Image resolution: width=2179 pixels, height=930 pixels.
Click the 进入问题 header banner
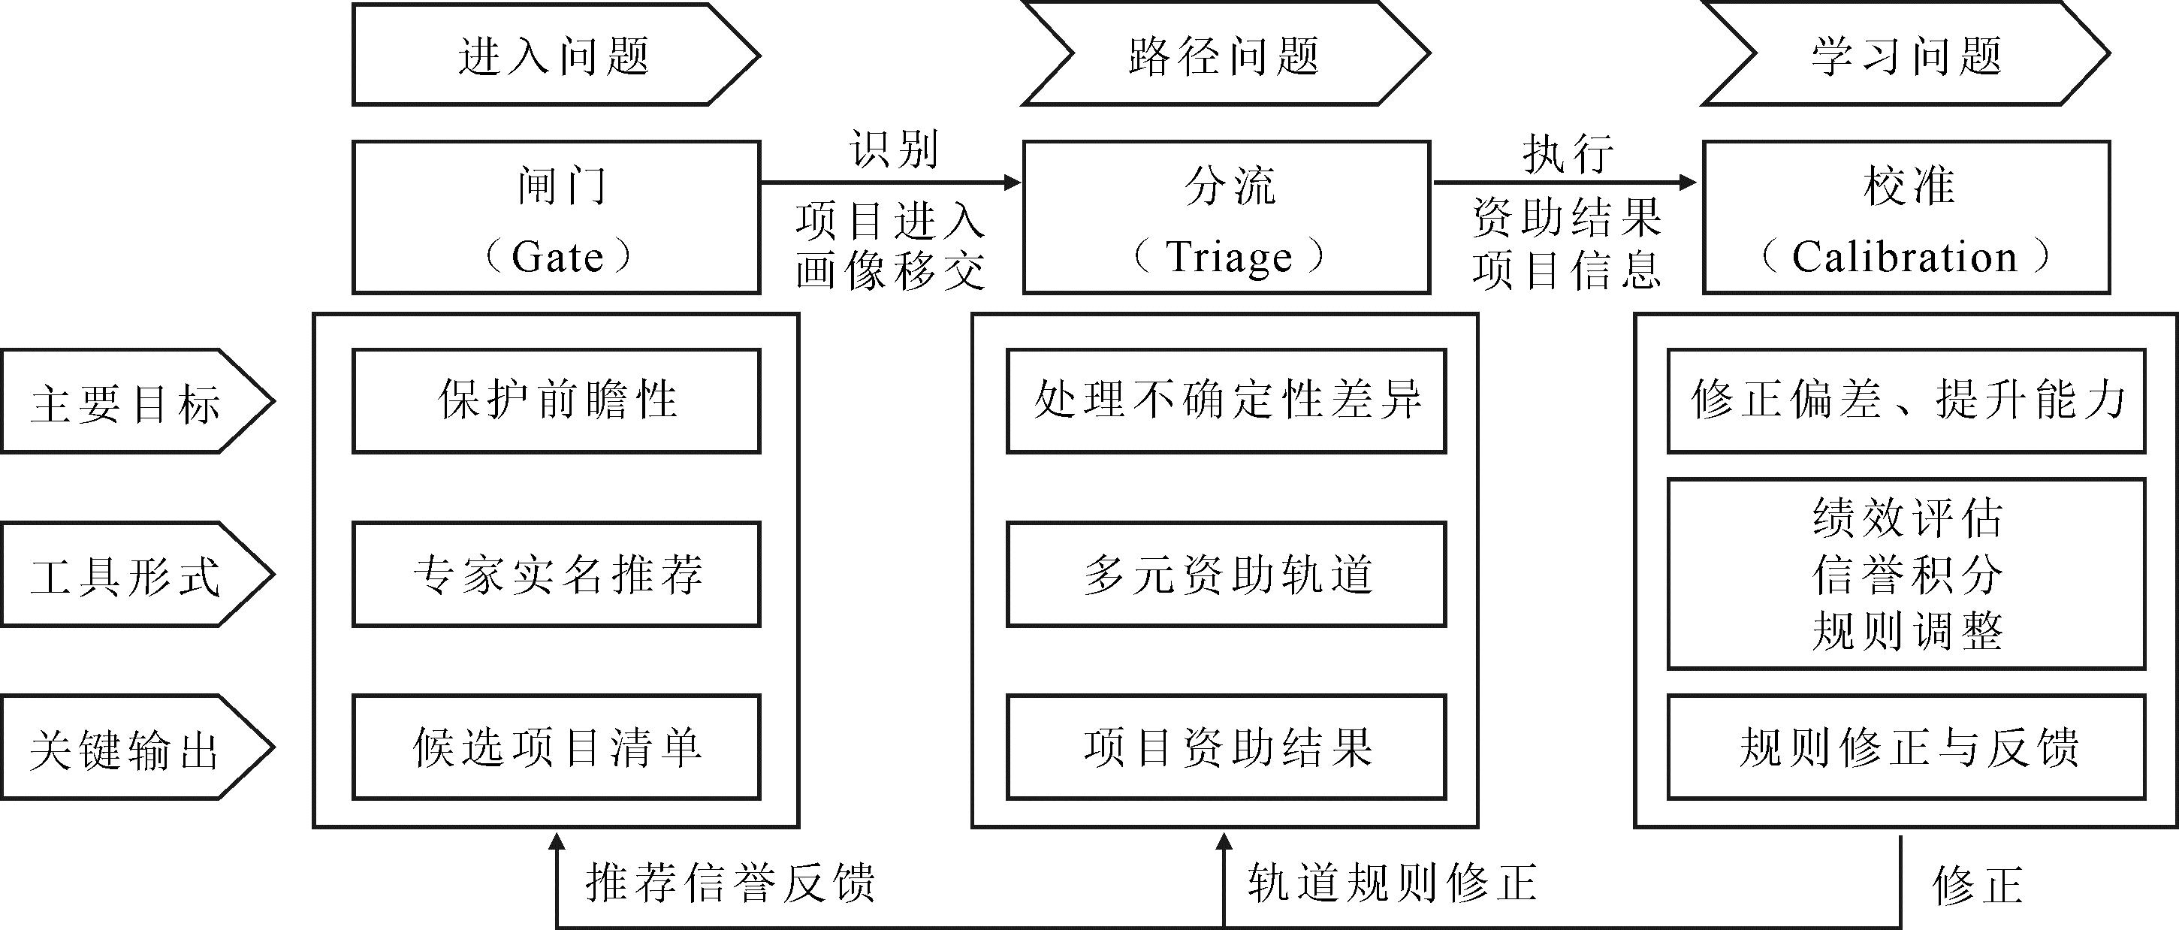[556, 55]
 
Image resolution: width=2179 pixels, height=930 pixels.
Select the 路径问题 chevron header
[1226, 55]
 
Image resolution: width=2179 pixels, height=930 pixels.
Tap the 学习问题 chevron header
[1906, 55]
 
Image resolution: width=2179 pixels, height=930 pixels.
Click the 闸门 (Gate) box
[556, 218]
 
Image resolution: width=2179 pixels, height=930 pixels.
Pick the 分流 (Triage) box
[1227, 218]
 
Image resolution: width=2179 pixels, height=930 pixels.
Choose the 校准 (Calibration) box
[1906, 218]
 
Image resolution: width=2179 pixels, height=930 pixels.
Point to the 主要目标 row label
[137, 401]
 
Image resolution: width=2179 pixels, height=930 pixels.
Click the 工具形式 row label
[137, 574]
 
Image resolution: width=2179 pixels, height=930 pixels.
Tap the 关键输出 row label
[137, 747]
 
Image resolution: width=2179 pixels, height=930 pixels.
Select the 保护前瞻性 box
[556, 401]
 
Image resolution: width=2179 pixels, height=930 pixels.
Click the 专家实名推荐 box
[556, 574]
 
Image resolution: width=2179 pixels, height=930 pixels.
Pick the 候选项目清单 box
[556, 747]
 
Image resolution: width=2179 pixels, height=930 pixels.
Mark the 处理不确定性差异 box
[1227, 401]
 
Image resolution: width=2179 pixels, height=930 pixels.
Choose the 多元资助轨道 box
[1227, 574]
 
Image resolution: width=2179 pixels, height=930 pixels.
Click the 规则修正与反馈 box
[1906, 747]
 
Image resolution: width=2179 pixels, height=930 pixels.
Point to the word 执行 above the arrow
[1568, 155]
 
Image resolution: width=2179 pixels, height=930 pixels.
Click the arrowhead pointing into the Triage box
[1013, 182]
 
